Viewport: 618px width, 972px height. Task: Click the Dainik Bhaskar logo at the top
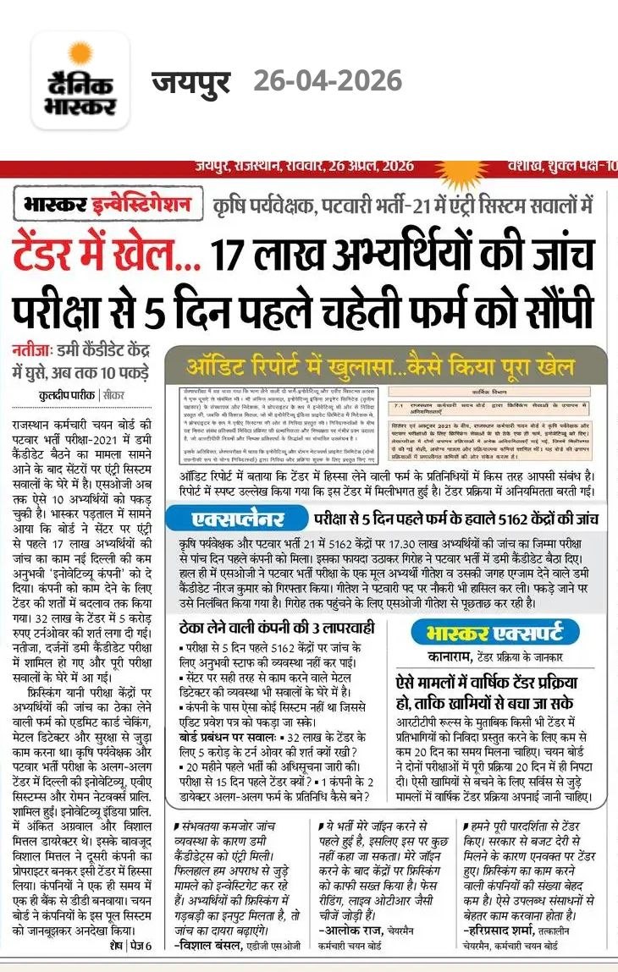pyautogui.click(x=80, y=81)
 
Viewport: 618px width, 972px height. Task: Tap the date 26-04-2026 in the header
pyautogui.click(x=328, y=81)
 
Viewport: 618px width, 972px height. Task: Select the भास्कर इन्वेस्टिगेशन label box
pyautogui.click(x=108, y=206)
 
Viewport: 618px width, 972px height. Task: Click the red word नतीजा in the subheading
pyautogui.click(x=32, y=349)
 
